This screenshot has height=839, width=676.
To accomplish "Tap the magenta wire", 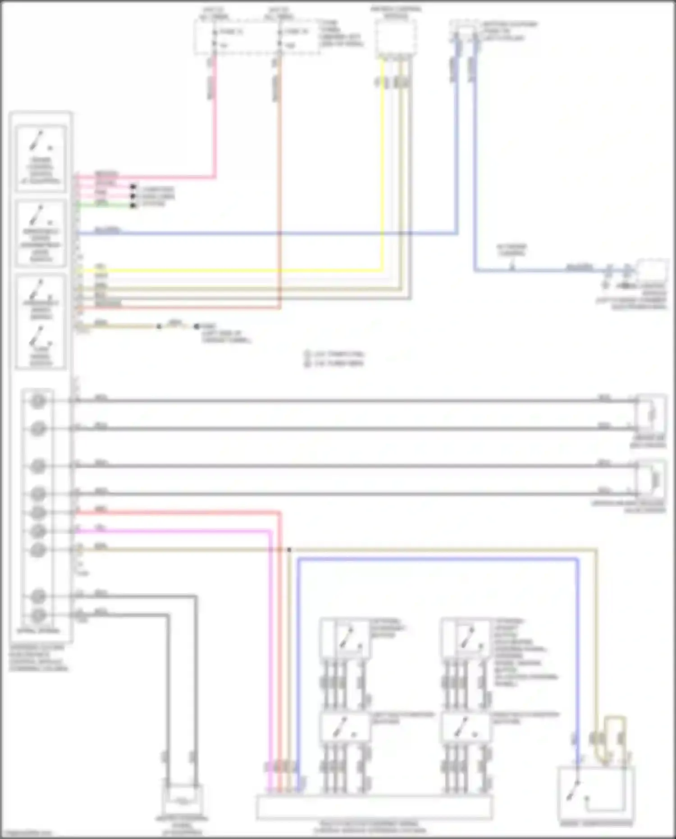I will click(180, 531).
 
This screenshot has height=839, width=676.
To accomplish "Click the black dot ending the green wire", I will click(133, 206).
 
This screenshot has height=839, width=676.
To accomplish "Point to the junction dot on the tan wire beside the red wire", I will click(289, 550).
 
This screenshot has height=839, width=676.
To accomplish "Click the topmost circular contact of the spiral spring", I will click(38, 400).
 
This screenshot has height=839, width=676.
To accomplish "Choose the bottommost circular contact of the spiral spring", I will click(38, 615).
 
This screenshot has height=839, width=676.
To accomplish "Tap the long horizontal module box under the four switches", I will click(374, 807).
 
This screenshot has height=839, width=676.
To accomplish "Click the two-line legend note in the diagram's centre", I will click(335, 358).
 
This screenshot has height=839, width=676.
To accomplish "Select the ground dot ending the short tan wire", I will click(196, 326).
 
